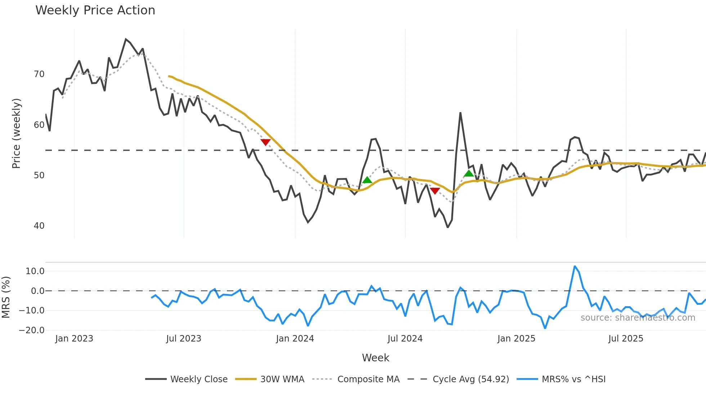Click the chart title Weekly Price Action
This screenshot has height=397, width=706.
coord(95,10)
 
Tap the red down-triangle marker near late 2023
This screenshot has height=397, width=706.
coord(265,142)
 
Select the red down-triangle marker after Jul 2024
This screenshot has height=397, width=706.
coord(435,191)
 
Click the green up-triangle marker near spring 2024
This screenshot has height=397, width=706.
coord(367,180)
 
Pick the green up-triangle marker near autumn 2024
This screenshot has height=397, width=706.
coord(469,173)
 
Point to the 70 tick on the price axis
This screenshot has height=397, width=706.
coord(39,74)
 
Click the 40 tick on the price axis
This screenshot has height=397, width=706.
coord(39,226)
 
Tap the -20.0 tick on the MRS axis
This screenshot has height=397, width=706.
coord(32,330)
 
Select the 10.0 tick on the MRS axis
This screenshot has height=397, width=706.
coord(35,271)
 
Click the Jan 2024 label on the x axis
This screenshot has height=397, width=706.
coord(295,339)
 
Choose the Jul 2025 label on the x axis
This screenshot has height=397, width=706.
coord(625,339)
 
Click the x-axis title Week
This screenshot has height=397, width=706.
coord(375,358)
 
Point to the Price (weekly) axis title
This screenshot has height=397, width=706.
coord(16,133)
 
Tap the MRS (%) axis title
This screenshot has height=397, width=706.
coord(6,297)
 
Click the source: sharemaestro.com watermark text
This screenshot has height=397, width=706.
coord(638,318)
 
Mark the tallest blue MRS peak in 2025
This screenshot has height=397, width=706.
coord(575,267)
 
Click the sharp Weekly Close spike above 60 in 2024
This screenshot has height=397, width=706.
coord(460,113)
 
